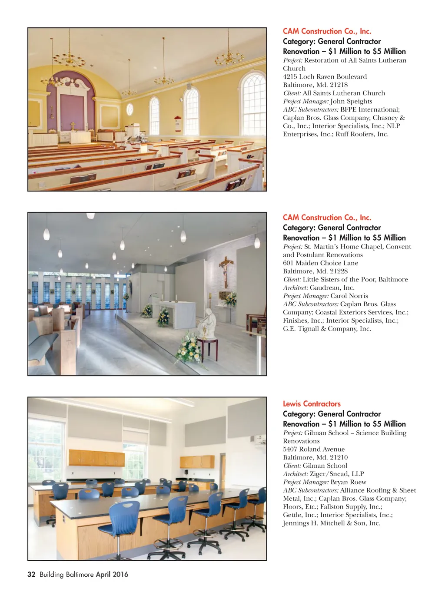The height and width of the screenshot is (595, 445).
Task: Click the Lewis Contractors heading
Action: coord(312,404)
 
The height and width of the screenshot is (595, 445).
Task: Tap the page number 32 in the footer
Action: coord(31,574)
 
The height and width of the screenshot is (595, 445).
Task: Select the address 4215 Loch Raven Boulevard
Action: coord(325,77)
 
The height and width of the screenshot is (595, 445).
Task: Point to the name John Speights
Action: coord(351,101)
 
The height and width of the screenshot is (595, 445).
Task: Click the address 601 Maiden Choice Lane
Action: coord(320,263)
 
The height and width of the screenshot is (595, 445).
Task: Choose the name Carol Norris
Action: coord(349,296)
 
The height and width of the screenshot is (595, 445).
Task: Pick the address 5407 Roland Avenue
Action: coord(314,450)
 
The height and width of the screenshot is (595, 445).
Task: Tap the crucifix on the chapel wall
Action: coord(225,270)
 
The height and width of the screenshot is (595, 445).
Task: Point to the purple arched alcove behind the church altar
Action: coord(71,104)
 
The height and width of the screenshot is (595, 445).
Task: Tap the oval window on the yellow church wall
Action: coord(130,109)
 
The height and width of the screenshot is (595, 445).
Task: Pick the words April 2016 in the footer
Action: coord(112,574)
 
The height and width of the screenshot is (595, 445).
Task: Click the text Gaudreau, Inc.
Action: coord(332,288)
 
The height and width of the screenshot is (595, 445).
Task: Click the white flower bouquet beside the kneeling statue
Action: coord(188,347)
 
